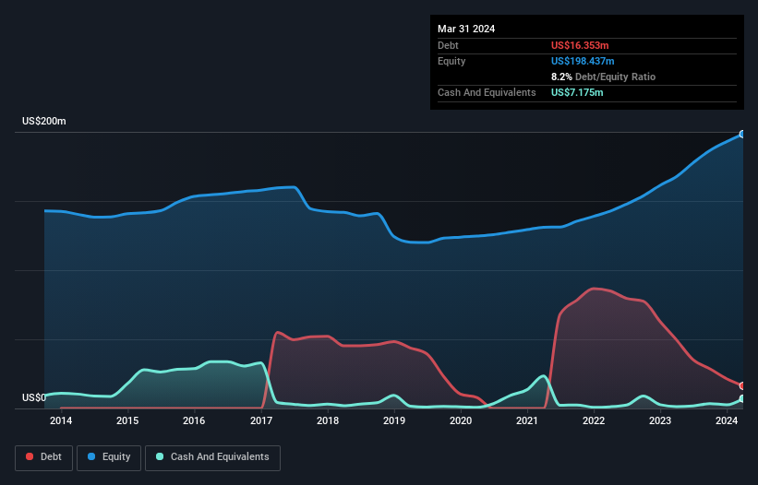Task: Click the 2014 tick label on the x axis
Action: (61, 421)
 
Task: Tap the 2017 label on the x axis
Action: (261, 421)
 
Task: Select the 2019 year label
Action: (394, 421)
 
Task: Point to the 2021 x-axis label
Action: (527, 421)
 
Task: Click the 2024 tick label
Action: (727, 421)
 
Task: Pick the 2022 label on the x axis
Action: (594, 421)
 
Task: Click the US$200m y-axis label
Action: (44, 122)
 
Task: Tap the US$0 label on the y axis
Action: (33, 398)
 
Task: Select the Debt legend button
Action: (42, 457)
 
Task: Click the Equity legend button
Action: (109, 457)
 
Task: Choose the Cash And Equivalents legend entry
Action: (212, 457)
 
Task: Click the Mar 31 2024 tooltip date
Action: (466, 29)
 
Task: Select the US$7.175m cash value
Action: (578, 92)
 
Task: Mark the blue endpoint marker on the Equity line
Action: (742, 135)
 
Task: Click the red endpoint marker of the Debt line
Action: (742, 385)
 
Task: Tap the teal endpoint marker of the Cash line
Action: (742, 398)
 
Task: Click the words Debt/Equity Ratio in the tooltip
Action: (616, 77)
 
